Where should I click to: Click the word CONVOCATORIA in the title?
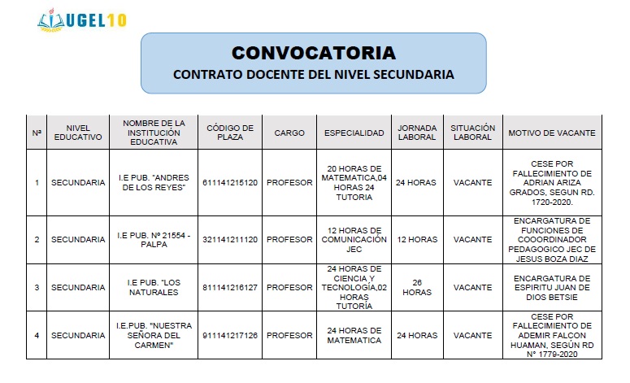pos(313,54)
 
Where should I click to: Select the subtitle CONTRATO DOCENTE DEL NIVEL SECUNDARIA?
pos(313,75)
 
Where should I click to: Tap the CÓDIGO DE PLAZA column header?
pos(230,133)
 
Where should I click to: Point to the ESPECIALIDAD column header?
pos(354,133)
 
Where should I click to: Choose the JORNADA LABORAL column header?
pos(417,133)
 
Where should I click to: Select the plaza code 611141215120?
pos(230,183)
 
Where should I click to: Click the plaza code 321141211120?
pos(230,240)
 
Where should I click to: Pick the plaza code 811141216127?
pos(230,288)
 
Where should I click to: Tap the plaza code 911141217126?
pos(230,335)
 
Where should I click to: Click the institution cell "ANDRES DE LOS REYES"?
pos(154,183)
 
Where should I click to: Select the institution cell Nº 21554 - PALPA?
pos(154,240)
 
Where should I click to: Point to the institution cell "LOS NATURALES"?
pos(154,288)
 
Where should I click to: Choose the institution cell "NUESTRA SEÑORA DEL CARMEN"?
pos(154,335)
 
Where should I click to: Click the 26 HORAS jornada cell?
pos(417,288)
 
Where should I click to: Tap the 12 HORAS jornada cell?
pos(417,240)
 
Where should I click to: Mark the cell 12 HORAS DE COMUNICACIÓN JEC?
pos(354,240)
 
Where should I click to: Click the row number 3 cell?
pos(37,288)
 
